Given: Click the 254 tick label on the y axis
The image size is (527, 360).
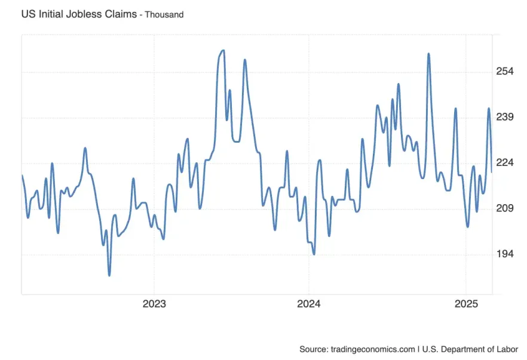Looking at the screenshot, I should pyautogui.click(x=505, y=72).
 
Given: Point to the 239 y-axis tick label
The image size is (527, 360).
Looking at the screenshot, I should pyautogui.click(x=505, y=117).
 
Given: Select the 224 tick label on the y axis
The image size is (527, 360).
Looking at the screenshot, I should pyautogui.click(x=505, y=163).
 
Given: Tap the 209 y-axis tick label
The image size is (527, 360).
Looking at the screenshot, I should pyautogui.click(x=505, y=208).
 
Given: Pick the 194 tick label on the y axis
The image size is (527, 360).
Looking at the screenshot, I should pyautogui.click(x=505, y=254).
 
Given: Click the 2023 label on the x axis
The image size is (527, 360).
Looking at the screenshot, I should pyautogui.click(x=154, y=303).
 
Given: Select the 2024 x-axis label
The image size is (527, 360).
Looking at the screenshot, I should pyautogui.click(x=308, y=303).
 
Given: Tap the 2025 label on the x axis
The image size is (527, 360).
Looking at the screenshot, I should pyautogui.click(x=466, y=303).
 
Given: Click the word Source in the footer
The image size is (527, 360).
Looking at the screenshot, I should pyautogui.click(x=313, y=349).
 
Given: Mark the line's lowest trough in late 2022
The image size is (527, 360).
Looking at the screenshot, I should pyautogui.click(x=109, y=275).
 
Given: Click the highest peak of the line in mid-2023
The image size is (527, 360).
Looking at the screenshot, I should pyautogui.click(x=223, y=50).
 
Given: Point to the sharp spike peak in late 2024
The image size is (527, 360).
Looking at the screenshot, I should pyautogui.click(x=428, y=54).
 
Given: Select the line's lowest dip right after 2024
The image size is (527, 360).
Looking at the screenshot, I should pyautogui.click(x=314, y=254).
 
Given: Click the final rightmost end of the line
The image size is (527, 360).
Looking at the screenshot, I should pyautogui.click(x=492, y=172).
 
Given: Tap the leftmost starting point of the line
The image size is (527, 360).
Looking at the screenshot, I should pyautogui.click(x=22, y=175).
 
